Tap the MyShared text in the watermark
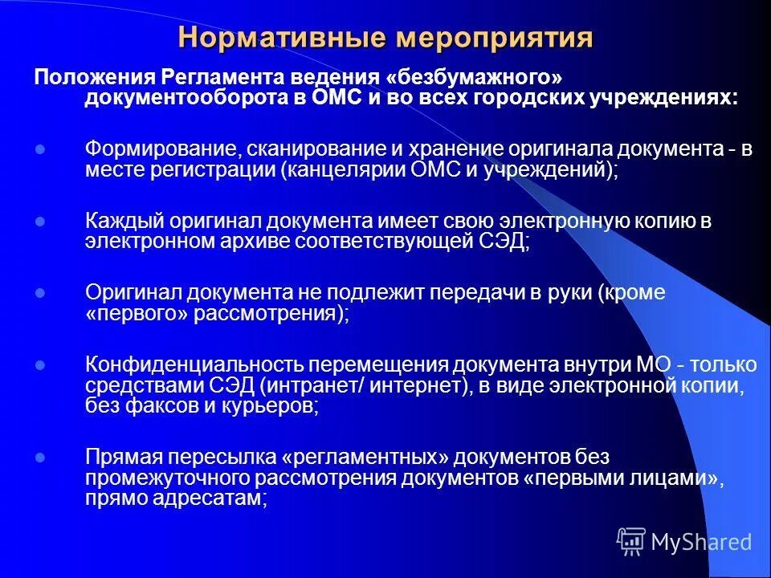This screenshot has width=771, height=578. tap(701, 542)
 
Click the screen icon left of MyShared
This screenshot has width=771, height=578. tap(630, 541)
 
